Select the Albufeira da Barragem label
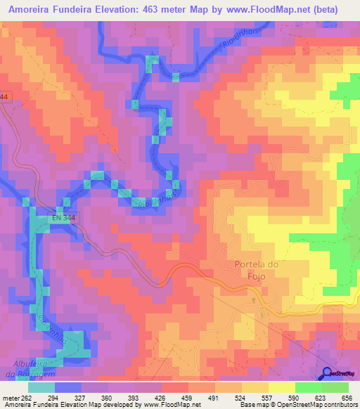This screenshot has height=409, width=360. point(34,368)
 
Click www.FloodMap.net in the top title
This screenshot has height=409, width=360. point(267,9)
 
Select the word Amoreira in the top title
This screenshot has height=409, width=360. point(30,9)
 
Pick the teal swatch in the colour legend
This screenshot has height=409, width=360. point(41,387)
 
